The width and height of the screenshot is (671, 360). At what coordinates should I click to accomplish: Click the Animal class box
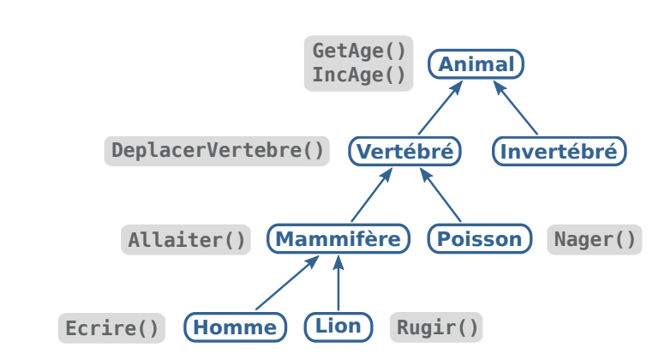click(x=476, y=64)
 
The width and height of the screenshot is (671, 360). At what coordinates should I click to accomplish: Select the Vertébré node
click(x=404, y=152)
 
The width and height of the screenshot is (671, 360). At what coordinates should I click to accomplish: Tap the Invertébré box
click(x=559, y=152)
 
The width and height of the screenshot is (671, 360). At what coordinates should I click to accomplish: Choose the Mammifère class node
click(x=338, y=239)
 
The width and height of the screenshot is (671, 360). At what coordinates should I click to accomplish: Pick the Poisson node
click(x=479, y=239)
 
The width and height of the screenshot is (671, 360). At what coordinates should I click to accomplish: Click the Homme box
click(x=235, y=327)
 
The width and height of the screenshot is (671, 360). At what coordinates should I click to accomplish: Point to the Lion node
click(x=338, y=326)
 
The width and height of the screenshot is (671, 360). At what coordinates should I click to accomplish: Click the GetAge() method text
click(x=358, y=51)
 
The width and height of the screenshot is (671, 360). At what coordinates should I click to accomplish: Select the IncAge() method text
click(x=358, y=75)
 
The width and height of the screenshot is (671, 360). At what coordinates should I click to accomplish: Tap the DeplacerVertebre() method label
click(x=218, y=152)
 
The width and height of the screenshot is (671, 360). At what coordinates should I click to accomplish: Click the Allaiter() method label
click(x=187, y=240)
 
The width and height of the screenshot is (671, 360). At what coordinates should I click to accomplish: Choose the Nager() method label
click(x=595, y=239)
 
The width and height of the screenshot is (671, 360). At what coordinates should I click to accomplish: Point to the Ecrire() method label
click(x=111, y=328)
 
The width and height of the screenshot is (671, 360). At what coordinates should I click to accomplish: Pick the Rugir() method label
click(x=436, y=327)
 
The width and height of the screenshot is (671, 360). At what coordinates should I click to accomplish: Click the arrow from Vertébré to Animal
click(x=440, y=107)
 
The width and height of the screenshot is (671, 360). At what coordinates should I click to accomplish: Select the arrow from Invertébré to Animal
click(x=516, y=107)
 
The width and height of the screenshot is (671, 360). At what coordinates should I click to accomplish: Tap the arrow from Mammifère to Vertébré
click(x=372, y=195)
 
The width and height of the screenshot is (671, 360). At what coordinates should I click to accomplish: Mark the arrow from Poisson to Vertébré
click(x=440, y=195)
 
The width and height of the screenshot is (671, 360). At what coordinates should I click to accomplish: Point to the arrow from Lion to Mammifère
click(x=338, y=284)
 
